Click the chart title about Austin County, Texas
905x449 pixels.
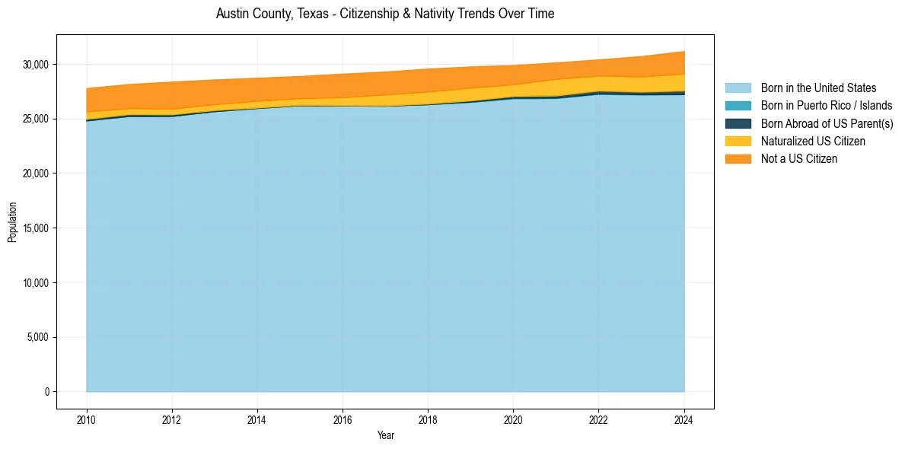coord(385,14)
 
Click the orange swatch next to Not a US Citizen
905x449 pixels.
coord(738,158)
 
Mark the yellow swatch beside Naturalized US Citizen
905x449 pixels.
coord(738,141)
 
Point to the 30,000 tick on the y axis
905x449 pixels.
coord(35,64)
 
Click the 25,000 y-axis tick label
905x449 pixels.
coord(35,119)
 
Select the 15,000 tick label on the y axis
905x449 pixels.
coord(35,228)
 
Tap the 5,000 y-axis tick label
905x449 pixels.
coord(37,337)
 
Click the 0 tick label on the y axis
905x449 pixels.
coord(46,392)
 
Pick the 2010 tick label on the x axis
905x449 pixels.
coord(87,419)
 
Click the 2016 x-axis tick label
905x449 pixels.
coord(343,419)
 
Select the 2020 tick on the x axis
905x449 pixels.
coord(514,419)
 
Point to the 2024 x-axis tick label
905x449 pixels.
coord(684,419)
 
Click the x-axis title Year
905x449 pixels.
coord(385,435)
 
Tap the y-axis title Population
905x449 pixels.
coord(12,222)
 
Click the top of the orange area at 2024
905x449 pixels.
coord(684,52)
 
